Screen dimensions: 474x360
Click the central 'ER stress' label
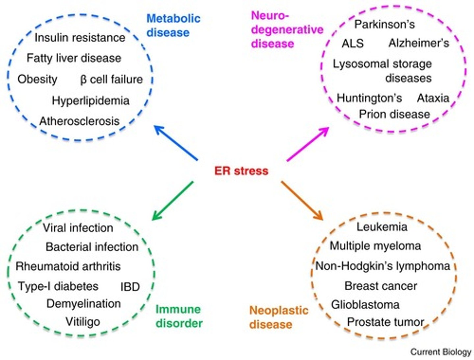pos(241,171)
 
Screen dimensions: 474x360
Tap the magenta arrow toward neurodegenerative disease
pos(307,144)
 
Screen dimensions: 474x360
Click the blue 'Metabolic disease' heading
pos(173,25)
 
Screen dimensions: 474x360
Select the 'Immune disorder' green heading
pos(179,316)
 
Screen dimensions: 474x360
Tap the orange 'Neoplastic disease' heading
pos(278,317)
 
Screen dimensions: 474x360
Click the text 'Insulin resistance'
pos(80,38)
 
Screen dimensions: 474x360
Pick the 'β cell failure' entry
pos(111,79)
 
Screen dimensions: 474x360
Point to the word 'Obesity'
pos(37,79)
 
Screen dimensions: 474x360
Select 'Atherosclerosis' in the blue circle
pos(79,121)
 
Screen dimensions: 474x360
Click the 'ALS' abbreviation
pos(353,43)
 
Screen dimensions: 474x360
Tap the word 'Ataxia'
pos(433,98)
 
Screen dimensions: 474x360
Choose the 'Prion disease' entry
pos(394,114)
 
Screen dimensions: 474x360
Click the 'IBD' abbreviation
pos(130,287)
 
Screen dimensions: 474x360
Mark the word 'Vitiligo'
pos(83,321)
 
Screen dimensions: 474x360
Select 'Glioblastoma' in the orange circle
pos(365,304)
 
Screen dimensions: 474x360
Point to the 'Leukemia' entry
pos(382,227)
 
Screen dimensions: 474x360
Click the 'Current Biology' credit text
pos(441,352)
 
